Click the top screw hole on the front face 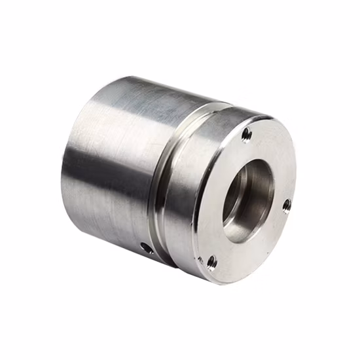point(247,135)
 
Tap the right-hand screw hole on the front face point(286,206)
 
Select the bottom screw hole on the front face point(211,262)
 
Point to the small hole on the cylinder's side point(147,247)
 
